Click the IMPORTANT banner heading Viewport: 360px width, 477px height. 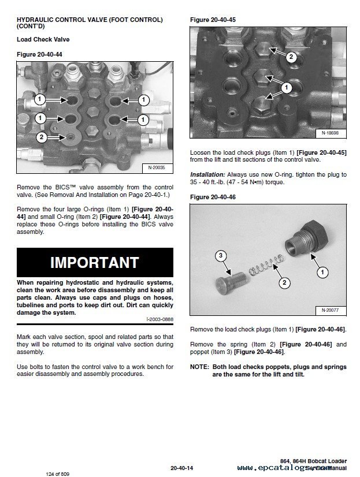coord(95,262)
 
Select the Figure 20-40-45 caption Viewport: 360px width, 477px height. coord(212,20)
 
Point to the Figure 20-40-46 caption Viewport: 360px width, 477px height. coord(212,197)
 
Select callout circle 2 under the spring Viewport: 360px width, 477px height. coord(284,282)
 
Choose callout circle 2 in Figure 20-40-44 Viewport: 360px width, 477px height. coord(41,137)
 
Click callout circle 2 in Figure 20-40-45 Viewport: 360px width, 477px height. coord(291,57)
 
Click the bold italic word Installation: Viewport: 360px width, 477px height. coord(207,174)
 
